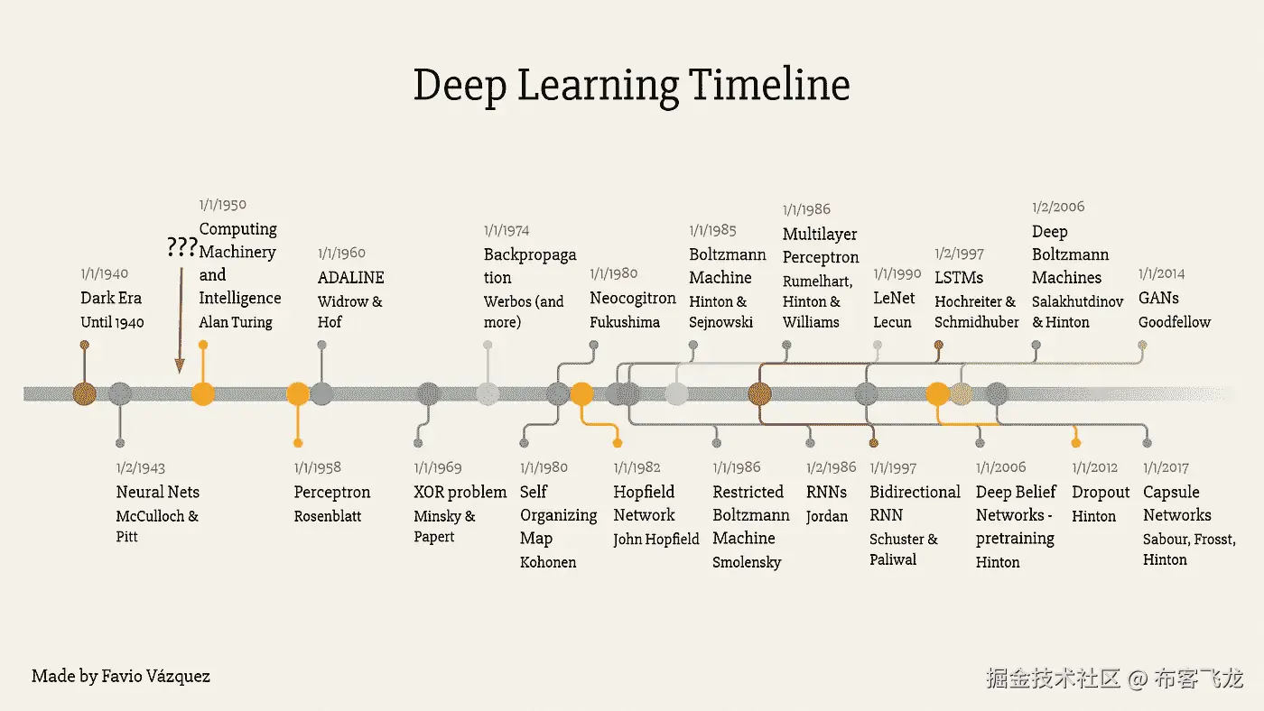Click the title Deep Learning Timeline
click(631, 86)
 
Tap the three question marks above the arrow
click(181, 247)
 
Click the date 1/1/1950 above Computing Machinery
click(222, 205)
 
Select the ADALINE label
click(350, 277)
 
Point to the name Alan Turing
click(235, 322)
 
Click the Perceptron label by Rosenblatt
click(331, 493)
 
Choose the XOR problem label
click(460, 493)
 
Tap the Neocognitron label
click(632, 298)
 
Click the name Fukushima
click(625, 322)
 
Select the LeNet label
click(894, 298)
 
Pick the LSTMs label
click(959, 278)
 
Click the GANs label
click(1158, 298)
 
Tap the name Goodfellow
click(1174, 322)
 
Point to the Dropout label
click(1101, 493)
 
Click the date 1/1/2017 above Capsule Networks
click(1166, 468)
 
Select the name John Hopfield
click(655, 540)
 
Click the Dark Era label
click(111, 298)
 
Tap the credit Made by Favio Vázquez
click(120, 676)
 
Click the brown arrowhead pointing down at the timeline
click(180, 365)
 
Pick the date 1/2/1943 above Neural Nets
click(140, 468)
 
